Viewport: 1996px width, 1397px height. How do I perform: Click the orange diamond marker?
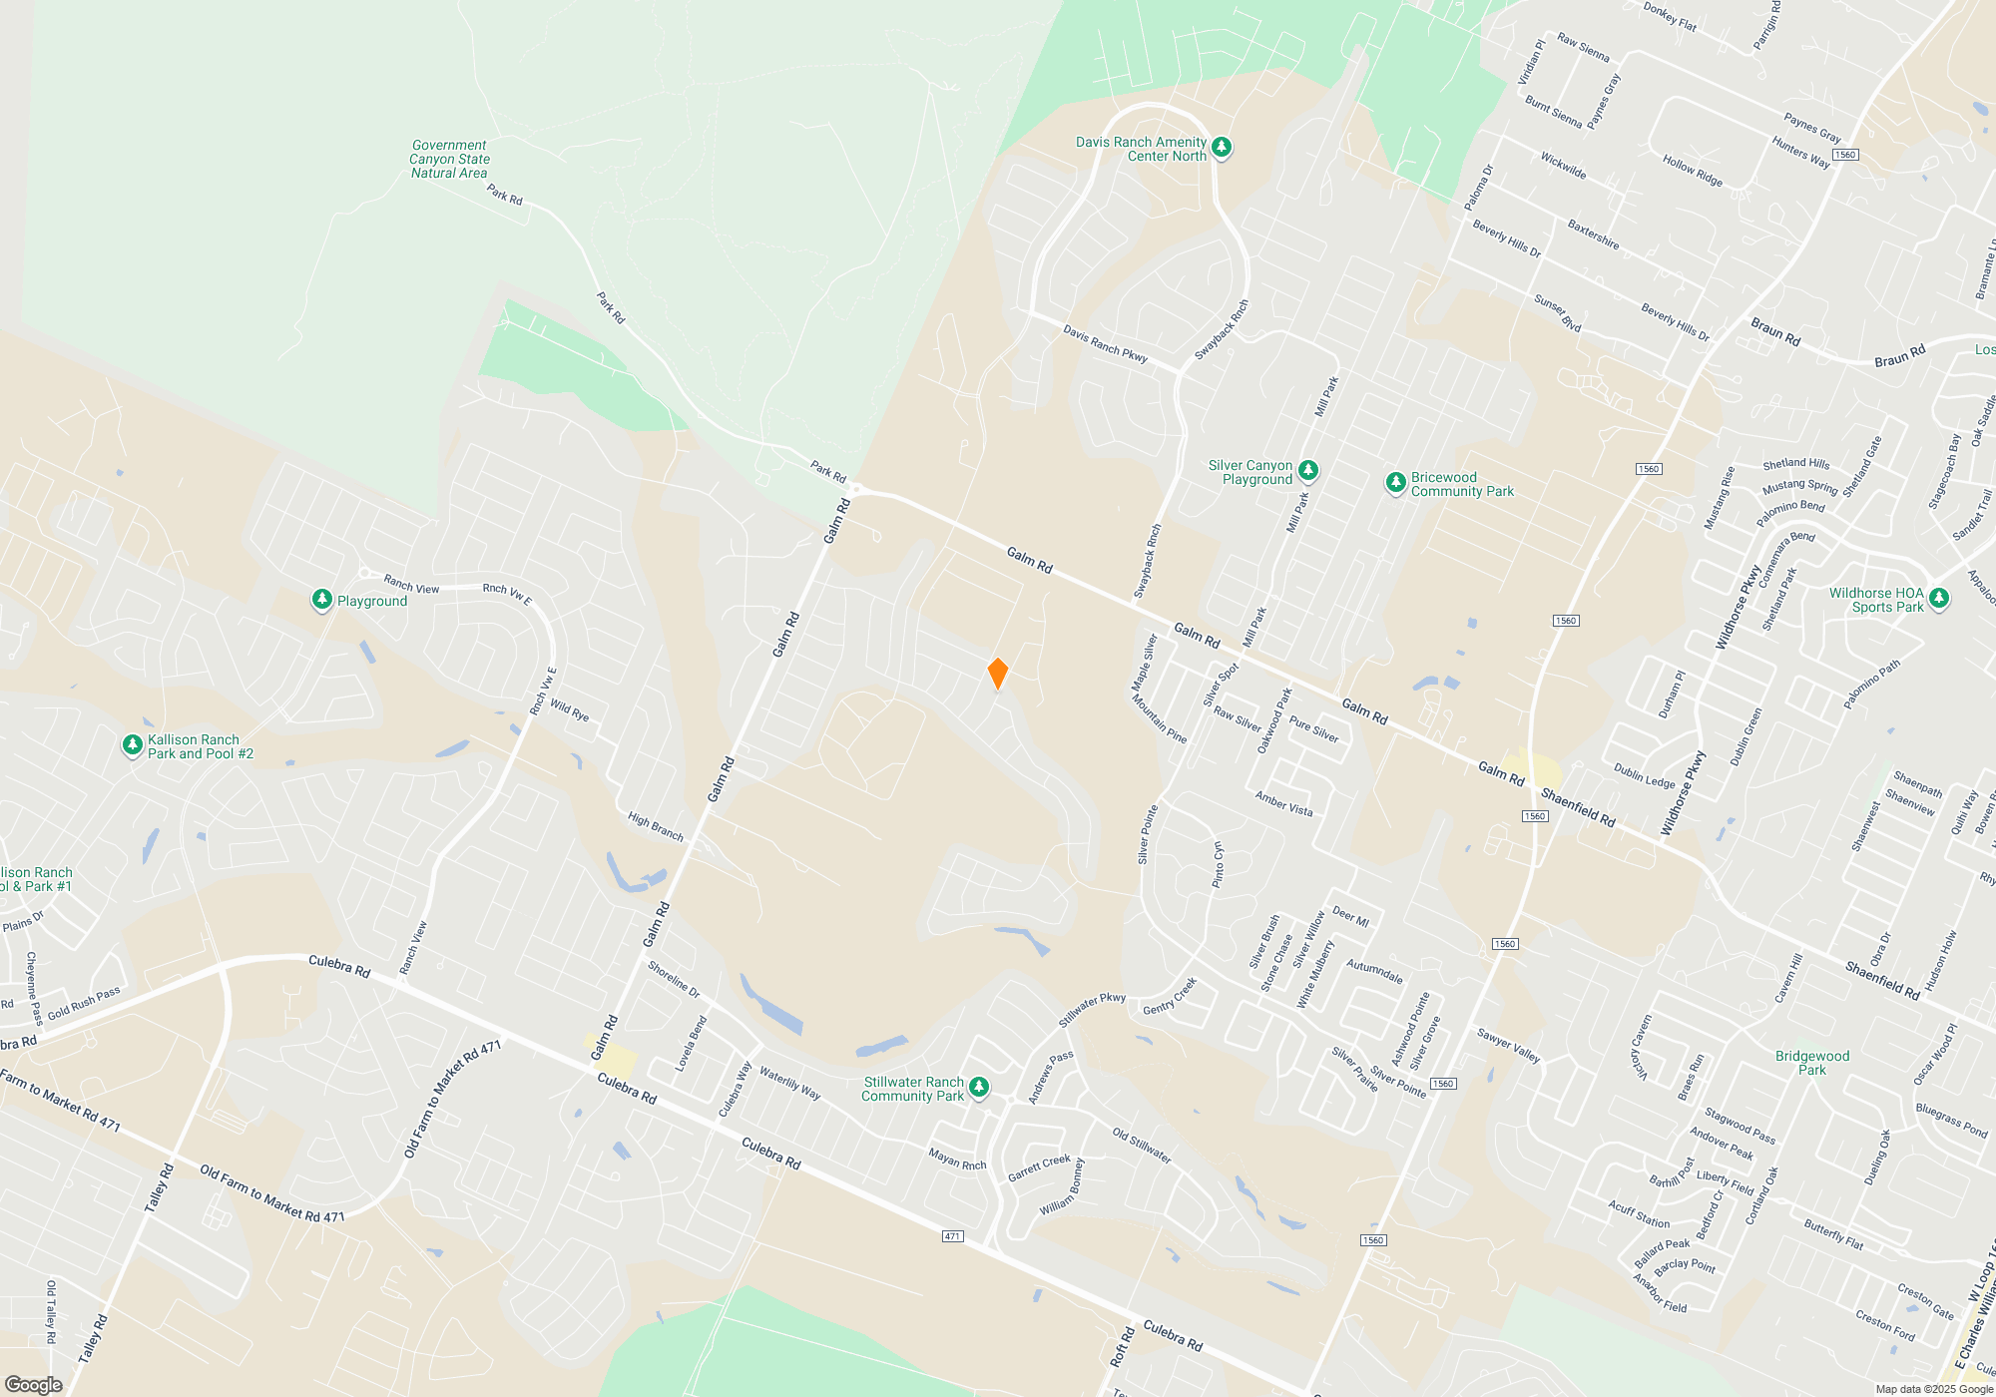click(x=997, y=674)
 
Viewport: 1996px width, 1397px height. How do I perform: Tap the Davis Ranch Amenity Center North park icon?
click(x=1221, y=148)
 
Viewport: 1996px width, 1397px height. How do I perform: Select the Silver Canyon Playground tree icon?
click(x=1307, y=470)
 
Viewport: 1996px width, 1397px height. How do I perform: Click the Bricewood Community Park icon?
click(x=1395, y=483)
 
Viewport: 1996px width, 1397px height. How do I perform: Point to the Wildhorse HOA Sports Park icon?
click(x=1938, y=598)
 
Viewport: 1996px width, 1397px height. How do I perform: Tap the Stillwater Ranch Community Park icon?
click(x=979, y=1087)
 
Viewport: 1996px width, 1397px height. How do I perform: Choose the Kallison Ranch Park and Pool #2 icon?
click(x=132, y=744)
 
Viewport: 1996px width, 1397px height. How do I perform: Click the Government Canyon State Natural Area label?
click(x=449, y=159)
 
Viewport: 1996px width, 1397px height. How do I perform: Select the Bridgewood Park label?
click(x=1811, y=1063)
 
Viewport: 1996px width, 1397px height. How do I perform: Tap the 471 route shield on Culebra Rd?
click(x=952, y=1236)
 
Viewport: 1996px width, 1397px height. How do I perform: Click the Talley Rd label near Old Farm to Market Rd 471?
click(x=159, y=1187)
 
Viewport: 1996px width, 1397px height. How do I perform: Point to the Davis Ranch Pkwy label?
click(x=1105, y=343)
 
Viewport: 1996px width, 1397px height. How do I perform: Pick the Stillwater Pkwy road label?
click(x=1092, y=1010)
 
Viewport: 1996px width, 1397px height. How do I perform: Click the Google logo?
click(x=33, y=1385)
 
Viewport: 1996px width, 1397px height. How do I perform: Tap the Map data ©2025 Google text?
click(x=1933, y=1389)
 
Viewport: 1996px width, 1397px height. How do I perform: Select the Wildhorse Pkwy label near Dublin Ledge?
click(x=1683, y=793)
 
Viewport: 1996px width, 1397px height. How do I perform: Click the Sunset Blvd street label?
click(x=1557, y=313)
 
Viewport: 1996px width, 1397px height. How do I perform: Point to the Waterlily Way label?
click(x=789, y=1083)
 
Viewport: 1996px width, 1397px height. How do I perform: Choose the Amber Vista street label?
click(x=1283, y=803)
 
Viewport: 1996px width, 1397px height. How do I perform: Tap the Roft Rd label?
click(x=1122, y=1346)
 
